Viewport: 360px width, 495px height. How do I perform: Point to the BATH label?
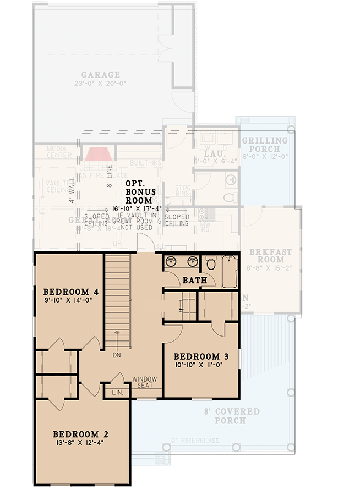click(194, 280)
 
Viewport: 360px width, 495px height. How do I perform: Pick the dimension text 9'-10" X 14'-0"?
click(68, 301)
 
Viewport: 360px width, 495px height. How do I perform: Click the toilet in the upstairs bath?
click(210, 263)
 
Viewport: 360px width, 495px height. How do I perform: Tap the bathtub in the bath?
click(229, 272)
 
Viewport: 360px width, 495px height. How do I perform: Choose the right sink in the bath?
click(193, 261)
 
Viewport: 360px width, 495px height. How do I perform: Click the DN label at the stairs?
click(116, 355)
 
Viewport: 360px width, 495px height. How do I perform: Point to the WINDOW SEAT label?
click(144, 382)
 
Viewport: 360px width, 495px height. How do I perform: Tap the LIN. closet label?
click(118, 393)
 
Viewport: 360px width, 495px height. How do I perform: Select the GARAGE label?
click(101, 75)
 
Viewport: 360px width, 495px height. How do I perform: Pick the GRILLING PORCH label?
click(264, 145)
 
